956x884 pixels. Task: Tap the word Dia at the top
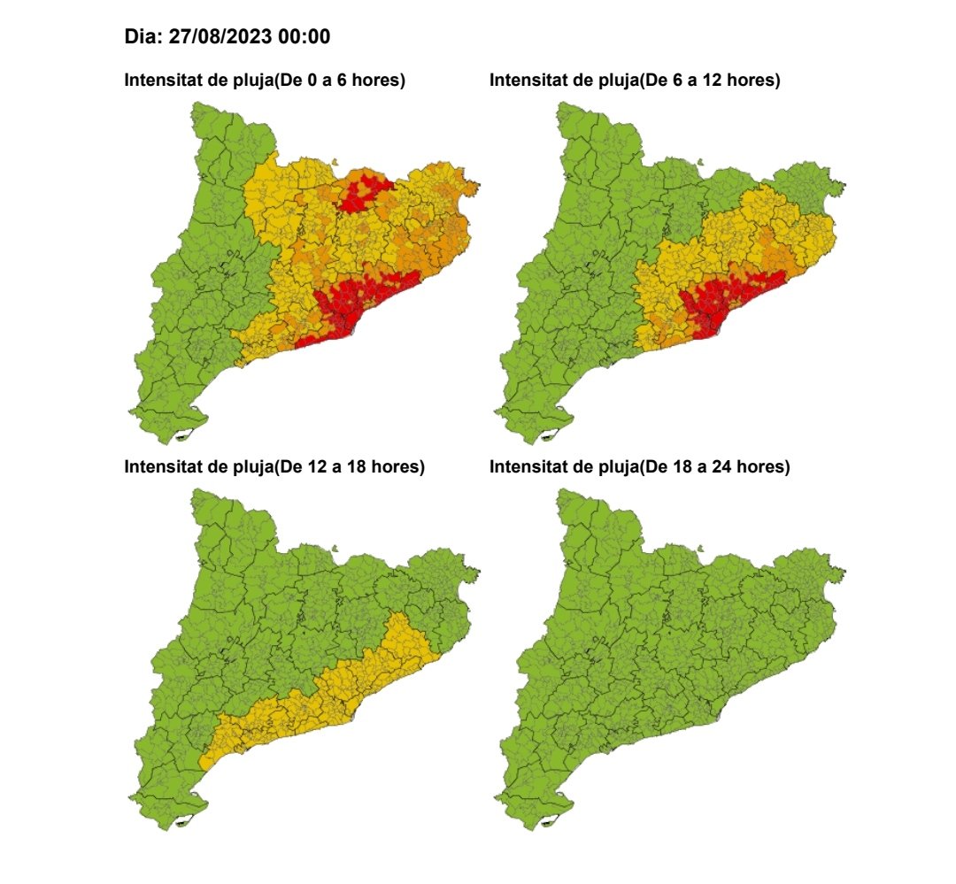(142, 37)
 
